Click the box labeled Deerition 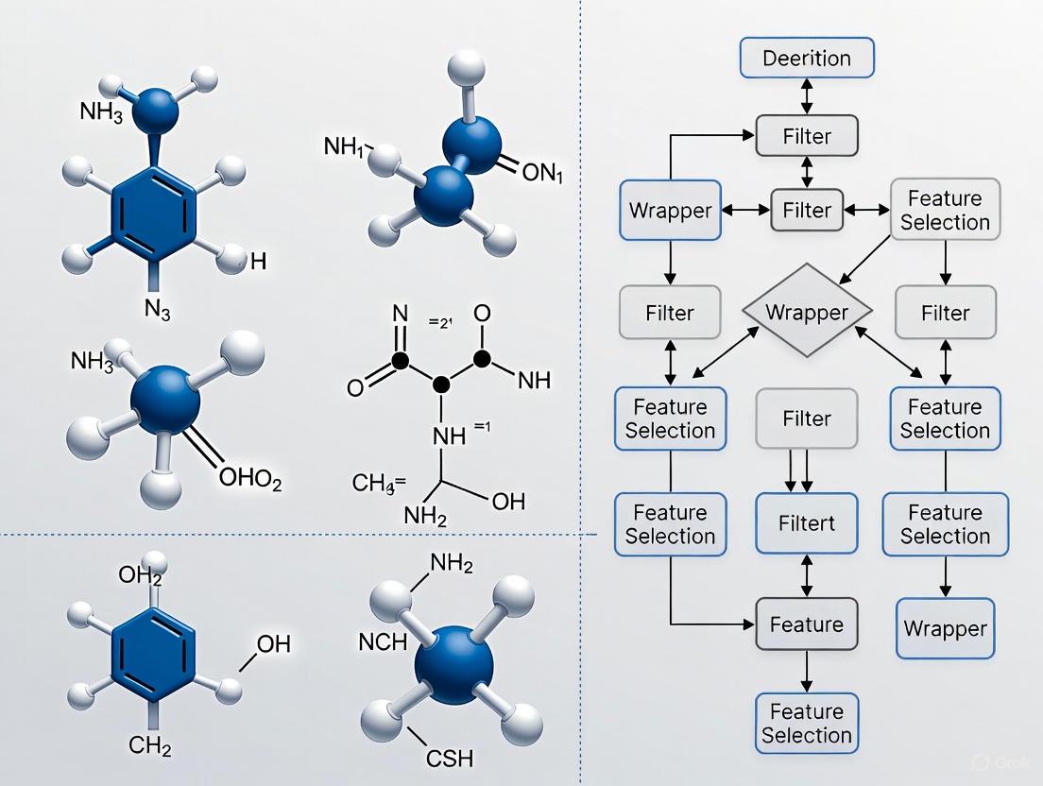[807, 59]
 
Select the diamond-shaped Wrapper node [807, 313]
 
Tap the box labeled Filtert [807, 523]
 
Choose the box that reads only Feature [807, 624]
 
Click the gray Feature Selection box [945, 210]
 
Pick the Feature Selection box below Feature [807, 724]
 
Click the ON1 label [541, 173]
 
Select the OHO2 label [250, 480]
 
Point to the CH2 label [149, 748]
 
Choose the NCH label [383, 642]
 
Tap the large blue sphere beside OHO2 [165, 402]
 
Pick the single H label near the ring [258, 262]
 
